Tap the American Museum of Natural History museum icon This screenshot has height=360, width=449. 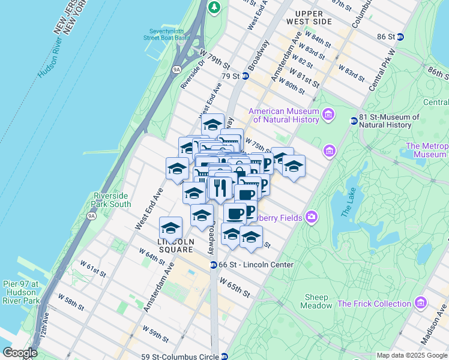click(x=328, y=114)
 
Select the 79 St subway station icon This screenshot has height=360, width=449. click(x=246, y=76)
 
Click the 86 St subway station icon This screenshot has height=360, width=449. click(x=400, y=37)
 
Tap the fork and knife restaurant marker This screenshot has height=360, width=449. click(x=220, y=188)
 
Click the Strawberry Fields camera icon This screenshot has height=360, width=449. click(x=311, y=217)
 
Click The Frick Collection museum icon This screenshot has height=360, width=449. click(x=420, y=302)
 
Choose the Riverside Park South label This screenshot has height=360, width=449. click(x=112, y=200)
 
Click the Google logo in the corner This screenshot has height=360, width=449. click(x=20, y=353)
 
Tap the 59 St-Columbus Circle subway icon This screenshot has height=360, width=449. click(x=224, y=356)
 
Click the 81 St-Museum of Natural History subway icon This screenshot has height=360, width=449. click(x=352, y=121)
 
